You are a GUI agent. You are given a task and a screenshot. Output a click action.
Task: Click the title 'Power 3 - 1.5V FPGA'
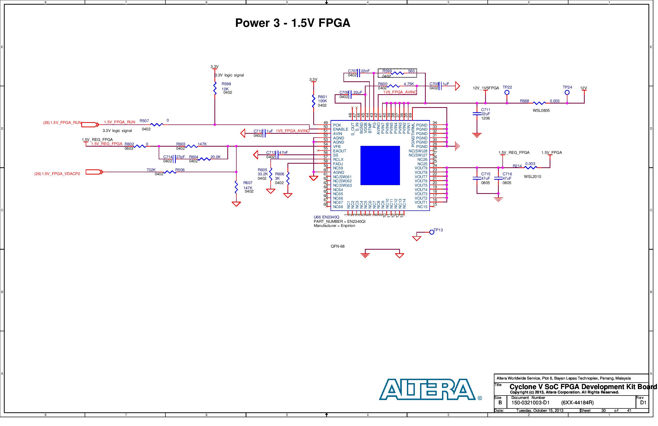click(x=293, y=23)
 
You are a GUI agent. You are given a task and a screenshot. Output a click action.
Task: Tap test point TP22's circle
click(x=507, y=92)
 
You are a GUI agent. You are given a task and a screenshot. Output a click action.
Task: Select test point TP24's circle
click(x=567, y=92)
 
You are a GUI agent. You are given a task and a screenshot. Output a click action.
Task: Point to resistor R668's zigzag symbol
click(x=539, y=103)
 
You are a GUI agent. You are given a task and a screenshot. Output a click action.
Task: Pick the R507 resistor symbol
click(x=157, y=125)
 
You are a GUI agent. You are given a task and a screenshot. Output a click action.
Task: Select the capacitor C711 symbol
click(x=477, y=114)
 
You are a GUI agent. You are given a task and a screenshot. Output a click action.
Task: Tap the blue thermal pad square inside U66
click(x=380, y=165)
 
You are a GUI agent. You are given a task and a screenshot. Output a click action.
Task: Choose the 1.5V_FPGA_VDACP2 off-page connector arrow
click(x=94, y=172)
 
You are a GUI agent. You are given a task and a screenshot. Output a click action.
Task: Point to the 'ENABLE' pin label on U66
click(x=340, y=129)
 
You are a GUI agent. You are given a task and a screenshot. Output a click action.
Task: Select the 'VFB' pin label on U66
click(x=337, y=147)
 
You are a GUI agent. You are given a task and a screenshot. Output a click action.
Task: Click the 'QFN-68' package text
click(x=338, y=247)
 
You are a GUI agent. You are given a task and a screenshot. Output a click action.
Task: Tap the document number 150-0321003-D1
click(x=530, y=403)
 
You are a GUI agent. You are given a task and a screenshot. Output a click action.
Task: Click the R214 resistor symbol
click(x=531, y=168)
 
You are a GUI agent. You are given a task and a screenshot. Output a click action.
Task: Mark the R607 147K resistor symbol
click(x=236, y=187)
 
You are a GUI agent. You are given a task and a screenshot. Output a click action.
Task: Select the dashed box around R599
click(x=397, y=73)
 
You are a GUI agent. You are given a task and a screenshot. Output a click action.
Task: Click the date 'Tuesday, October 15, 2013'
click(x=540, y=411)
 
